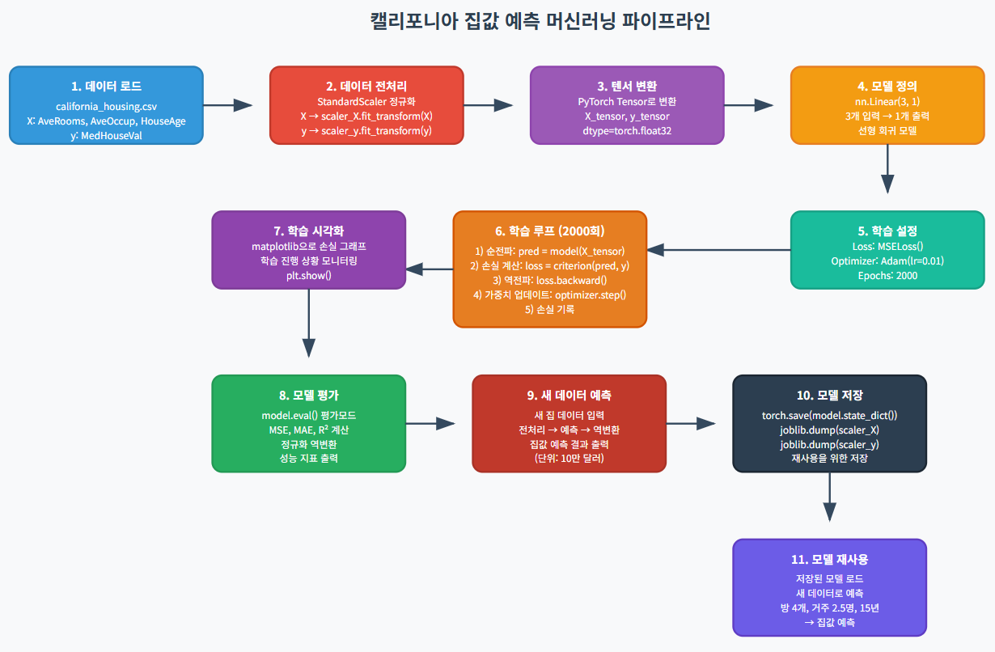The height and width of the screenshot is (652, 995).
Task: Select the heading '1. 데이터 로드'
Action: (x=106, y=86)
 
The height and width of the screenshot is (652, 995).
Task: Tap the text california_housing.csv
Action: (x=106, y=106)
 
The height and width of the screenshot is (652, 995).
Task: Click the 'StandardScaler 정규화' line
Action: (x=366, y=102)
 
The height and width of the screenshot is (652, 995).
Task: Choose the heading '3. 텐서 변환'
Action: (x=627, y=86)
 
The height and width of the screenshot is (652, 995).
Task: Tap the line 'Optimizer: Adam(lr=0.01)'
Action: (x=887, y=260)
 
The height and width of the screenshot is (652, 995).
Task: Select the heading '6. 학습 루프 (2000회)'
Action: (x=550, y=231)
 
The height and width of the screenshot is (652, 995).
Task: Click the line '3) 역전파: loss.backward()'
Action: (x=550, y=280)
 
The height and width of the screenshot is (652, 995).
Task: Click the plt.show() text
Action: (x=309, y=275)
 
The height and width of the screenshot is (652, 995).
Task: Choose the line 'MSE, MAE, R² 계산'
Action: (x=309, y=430)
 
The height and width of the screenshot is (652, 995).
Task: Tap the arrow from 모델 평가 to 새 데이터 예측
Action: (x=438, y=423)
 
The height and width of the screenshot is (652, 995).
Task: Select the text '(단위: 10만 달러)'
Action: (x=569, y=459)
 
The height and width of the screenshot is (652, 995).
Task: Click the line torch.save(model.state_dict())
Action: (x=829, y=415)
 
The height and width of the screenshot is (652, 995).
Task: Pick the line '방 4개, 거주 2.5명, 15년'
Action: (x=829, y=608)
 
